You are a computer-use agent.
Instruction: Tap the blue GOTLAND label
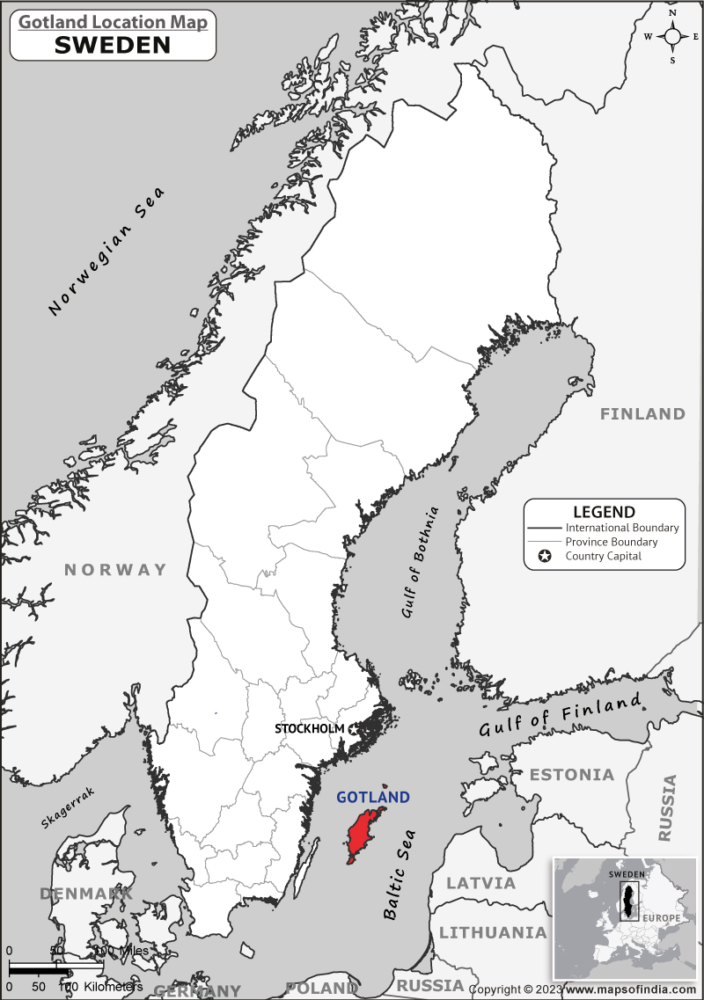tap(373, 798)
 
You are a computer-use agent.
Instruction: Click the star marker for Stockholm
tap(354, 729)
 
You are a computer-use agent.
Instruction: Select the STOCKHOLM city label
tap(309, 729)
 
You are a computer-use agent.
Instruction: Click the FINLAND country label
tap(642, 413)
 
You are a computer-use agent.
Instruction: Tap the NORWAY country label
tap(115, 570)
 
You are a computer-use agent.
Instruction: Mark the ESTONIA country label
tap(572, 775)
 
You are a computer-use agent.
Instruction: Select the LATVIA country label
tap(480, 882)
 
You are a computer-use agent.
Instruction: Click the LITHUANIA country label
tap(493, 932)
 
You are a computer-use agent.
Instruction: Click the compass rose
tap(672, 36)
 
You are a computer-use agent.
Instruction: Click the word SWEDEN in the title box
tap(113, 46)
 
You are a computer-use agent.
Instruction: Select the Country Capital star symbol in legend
tap(545, 556)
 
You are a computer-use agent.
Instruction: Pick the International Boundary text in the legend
tap(622, 528)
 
